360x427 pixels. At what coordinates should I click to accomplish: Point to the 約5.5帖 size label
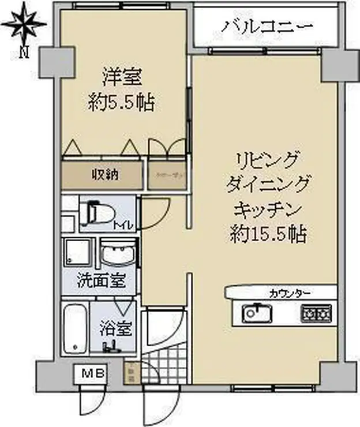122,103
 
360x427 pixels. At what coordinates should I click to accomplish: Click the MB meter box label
90,373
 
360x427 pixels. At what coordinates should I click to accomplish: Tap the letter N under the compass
23,54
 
